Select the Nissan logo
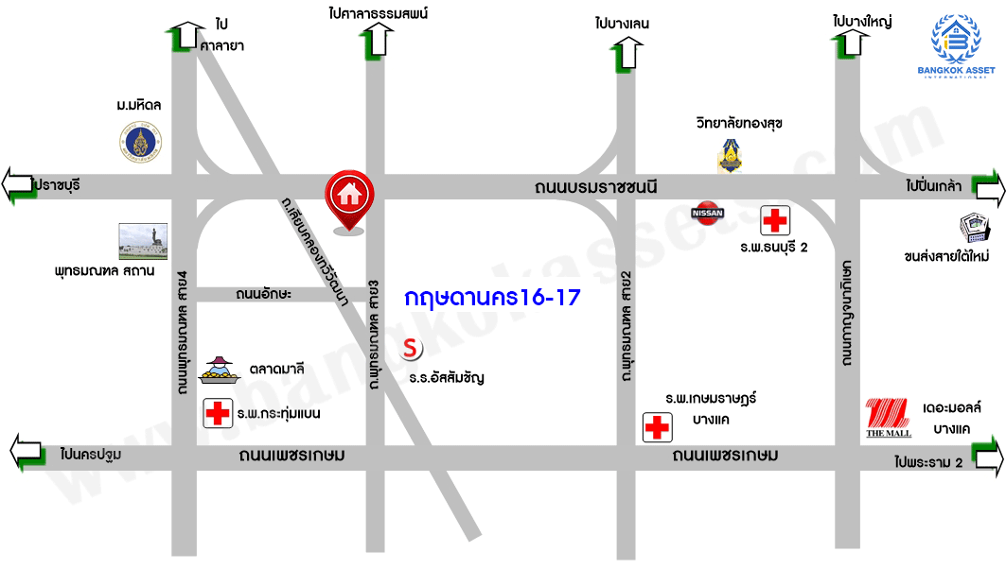click(709, 213)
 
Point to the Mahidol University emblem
click(141, 144)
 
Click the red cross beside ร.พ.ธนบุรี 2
click(775, 221)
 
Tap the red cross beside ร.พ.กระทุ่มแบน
click(218, 413)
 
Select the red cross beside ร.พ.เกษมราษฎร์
click(656, 427)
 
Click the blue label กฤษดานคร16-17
click(491, 297)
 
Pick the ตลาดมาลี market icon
click(220, 370)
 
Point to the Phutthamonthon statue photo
click(143, 242)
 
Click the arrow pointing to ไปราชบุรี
click(20, 184)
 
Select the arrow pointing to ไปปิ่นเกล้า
click(989, 189)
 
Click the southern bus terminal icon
click(974, 228)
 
